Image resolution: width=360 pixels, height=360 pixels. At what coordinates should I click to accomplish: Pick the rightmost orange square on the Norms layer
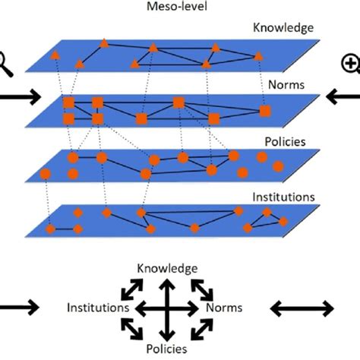click(x=265, y=112)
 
